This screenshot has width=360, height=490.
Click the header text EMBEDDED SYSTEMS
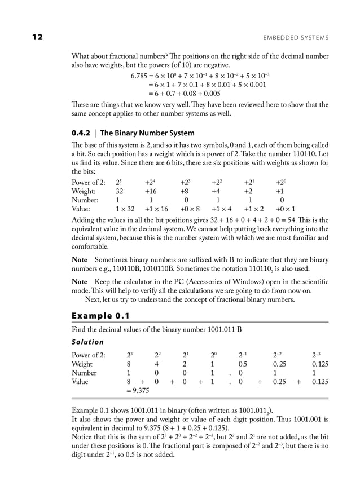(x=296, y=38)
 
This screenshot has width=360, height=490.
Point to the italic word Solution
(x=87, y=342)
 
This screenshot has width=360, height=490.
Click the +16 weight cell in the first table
(x=151, y=191)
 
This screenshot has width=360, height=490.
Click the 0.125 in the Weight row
(x=319, y=364)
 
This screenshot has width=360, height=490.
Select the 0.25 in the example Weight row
(x=279, y=364)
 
